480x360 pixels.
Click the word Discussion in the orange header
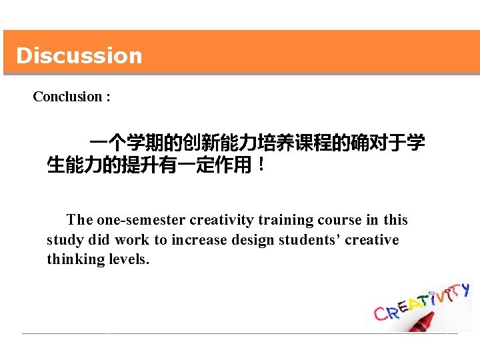tap(79, 55)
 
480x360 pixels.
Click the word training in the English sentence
tap(285, 220)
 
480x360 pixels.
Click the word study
tap(63, 240)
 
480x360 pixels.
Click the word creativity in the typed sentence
tap(221, 220)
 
